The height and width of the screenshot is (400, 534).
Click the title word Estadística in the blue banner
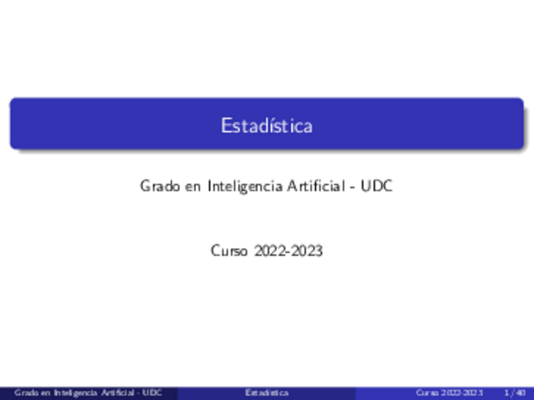pyautogui.click(x=266, y=125)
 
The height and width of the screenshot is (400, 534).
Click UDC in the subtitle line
pyautogui.click(x=377, y=186)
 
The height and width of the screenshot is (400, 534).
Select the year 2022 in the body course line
pyautogui.click(x=270, y=251)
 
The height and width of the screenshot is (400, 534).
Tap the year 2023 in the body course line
pyautogui.click(x=307, y=251)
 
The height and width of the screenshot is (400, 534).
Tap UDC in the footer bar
pyautogui.click(x=152, y=393)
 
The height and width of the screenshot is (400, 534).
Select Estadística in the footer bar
pyautogui.click(x=266, y=393)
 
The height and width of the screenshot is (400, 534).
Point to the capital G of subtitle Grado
pyautogui.click(x=145, y=186)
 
